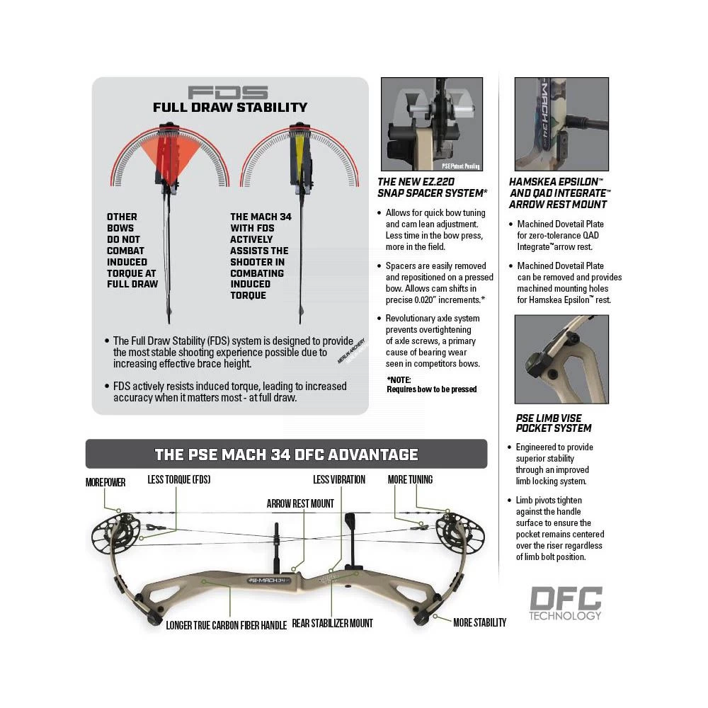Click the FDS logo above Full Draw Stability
pyautogui.click(x=228, y=92)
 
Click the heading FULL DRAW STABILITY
pyautogui.click(x=230, y=108)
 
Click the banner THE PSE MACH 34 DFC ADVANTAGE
pyautogui.click(x=286, y=454)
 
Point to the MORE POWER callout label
pyautogui.click(x=105, y=482)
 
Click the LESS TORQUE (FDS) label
pyautogui.click(x=179, y=479)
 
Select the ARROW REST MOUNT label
pyautogui.click(x=300, y=503)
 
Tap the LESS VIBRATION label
pyautogui.click(x=339, y=479)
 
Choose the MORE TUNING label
pyautogui.click(x=410, y=479)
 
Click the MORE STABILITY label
pyautogui.click(x=479, y=622)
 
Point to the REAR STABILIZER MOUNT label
pyautogui.click(x=332, y=623)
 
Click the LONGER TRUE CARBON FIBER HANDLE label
pyautogui.click(x=226, y=625)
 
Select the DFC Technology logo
pyautogui.click(x=566, y=603)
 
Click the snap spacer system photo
pyautogui.click(x=432, y=125)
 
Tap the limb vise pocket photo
pyautogui.click(x=561, y=359)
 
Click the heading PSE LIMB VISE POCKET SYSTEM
pyautogui.click(x=554, y=423)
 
